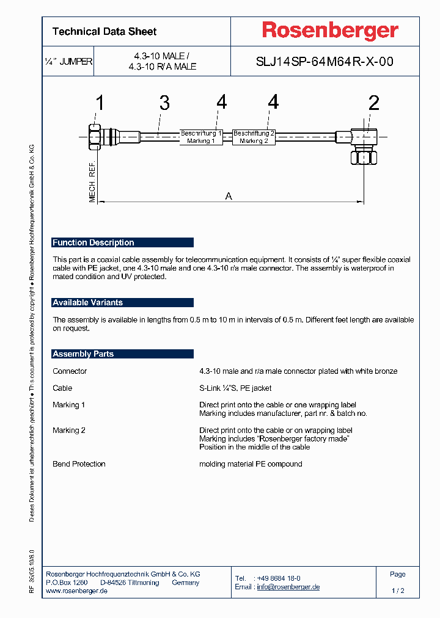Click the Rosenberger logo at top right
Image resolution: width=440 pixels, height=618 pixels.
tap(330, 31)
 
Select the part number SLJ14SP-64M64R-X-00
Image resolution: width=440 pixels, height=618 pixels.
tap(324, 62)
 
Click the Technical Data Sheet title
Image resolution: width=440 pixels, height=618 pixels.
tap(105, 31)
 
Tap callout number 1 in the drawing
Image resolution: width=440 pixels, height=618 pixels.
tap(99, 103)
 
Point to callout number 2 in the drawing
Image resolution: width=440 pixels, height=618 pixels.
tap(373, 103)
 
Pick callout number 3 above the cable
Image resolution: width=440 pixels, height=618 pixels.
tap(164, 103)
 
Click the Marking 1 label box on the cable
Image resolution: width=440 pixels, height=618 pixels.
tap(201, 137)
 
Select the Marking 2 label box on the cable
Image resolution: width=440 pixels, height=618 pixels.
tap(254, 137)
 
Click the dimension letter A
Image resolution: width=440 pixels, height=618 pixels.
tap(229, 196)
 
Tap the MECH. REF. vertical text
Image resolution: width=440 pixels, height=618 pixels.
tap(93, 183)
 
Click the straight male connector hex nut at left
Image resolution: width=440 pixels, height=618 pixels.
tap(94, 137)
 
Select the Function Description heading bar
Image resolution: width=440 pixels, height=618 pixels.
tap(122, 242)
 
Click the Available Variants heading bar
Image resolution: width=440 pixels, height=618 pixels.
tap(122, 302)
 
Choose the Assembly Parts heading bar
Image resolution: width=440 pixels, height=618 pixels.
tap(122, 354)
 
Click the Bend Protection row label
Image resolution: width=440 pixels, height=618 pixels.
tap(79, 464)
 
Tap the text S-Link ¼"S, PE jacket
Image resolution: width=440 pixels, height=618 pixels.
tap(235, 388)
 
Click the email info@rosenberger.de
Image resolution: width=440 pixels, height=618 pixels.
tap(288, 587)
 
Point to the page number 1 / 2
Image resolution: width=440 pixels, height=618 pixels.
tap(398, 591)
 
